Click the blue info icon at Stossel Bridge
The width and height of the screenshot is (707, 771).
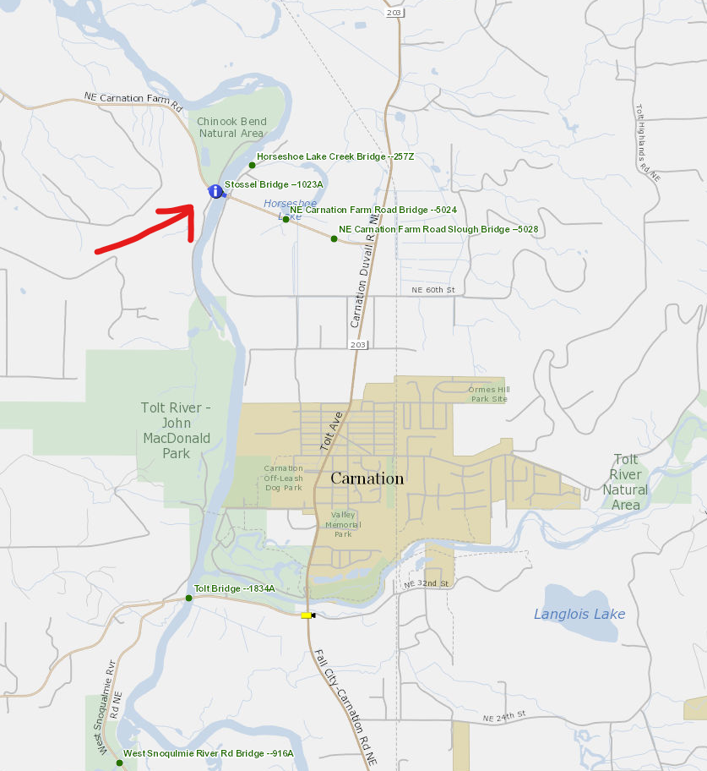point(215,192)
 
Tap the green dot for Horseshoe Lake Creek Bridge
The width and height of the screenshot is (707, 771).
point(252,165)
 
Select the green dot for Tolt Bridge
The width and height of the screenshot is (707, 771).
point(188,598)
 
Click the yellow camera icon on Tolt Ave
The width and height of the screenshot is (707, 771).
point(307,615)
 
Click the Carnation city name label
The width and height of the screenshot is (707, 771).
point(367,478)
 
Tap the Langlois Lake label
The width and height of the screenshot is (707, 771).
point(579,614)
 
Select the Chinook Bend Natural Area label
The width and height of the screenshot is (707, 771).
point(231,128)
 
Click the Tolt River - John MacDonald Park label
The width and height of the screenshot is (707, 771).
point(176,430)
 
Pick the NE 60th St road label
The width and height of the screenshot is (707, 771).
point(433,290)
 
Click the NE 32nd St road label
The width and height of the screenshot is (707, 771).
point(426,584)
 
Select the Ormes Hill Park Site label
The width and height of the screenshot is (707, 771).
point(489,394)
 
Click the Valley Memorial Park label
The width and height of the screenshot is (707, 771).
point(343,524)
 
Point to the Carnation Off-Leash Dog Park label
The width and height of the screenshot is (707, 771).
point(282,478)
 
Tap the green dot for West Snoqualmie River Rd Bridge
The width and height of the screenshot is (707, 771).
point(119,763)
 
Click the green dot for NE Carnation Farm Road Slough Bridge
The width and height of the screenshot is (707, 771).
point(334,239)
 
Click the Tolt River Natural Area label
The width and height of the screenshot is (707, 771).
point(626,482)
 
